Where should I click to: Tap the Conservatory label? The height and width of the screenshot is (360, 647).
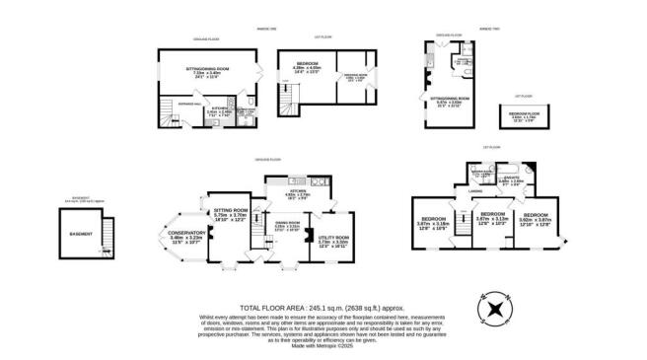[186, 233]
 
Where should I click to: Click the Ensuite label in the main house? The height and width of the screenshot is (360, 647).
[510, 178]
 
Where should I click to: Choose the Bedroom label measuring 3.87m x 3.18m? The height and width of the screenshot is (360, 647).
[435, 218]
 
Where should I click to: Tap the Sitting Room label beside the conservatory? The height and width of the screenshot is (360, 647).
[231, 210]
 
